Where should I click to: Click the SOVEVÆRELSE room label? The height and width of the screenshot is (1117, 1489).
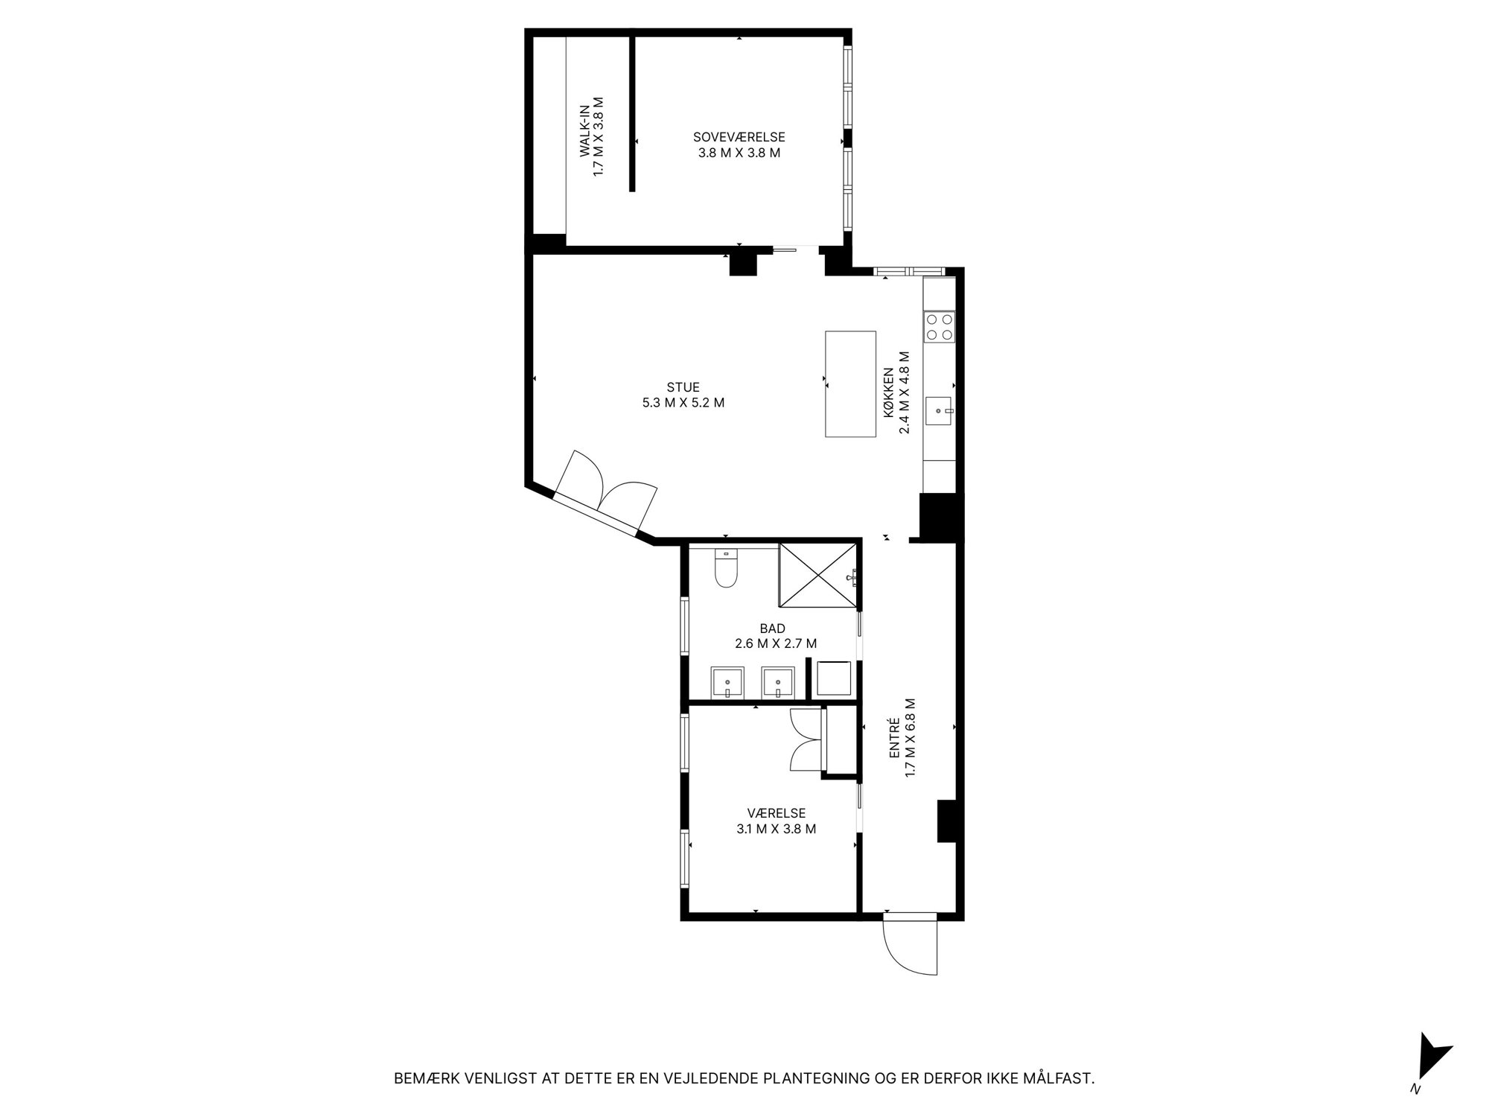[739, 137]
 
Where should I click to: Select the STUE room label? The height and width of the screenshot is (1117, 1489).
[683, 387]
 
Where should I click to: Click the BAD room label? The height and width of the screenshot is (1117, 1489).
[772, 628]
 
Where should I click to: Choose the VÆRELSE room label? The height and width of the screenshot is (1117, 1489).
[777, 813]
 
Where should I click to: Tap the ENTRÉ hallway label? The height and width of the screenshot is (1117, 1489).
[896, 738]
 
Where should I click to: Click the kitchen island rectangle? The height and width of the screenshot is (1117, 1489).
[850, 384]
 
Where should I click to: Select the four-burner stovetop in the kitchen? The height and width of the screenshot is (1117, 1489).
[939, 327]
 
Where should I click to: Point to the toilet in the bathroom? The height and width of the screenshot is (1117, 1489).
[725, 568]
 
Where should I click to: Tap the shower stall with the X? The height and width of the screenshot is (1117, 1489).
[817, 576]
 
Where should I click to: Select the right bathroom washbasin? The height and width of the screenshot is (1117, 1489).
[777, 683]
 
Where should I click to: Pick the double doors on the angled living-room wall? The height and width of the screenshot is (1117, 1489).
[606, 492]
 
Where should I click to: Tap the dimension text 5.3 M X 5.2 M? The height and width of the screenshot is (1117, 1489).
[683, 403]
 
